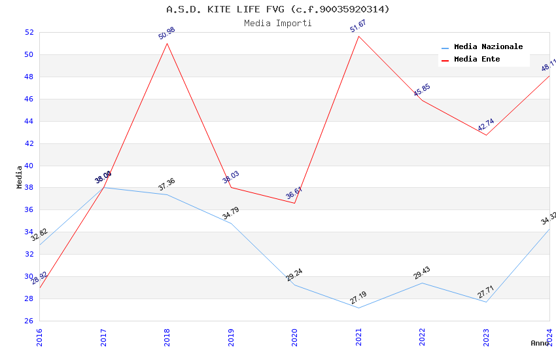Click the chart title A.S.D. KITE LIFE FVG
(x=278, y=9)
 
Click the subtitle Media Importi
(x=278, y=23)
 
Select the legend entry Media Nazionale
(x=488, y=47)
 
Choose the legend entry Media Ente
(x=477, y=60)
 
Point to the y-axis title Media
(x=19, y=177)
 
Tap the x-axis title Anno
(x=540, y=343)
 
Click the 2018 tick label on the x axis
(x=167, y=336)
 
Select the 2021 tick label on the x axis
(x=358, y=336)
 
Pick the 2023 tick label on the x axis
(x=486, y=336)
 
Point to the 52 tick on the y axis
(x=29, y=33)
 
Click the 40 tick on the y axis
(x=29, y=166)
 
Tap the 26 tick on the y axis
(x=29, y=321)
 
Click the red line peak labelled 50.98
(x=167, y=43)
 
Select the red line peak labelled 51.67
(x=358, y=36)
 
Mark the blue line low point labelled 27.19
(x=358, y=308)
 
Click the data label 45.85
(x=422, y=90)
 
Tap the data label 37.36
(x=167, y=185)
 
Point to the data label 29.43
(x=422, y=273)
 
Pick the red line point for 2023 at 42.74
(x=486, y=135)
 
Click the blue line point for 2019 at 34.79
(x=231, y=223)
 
